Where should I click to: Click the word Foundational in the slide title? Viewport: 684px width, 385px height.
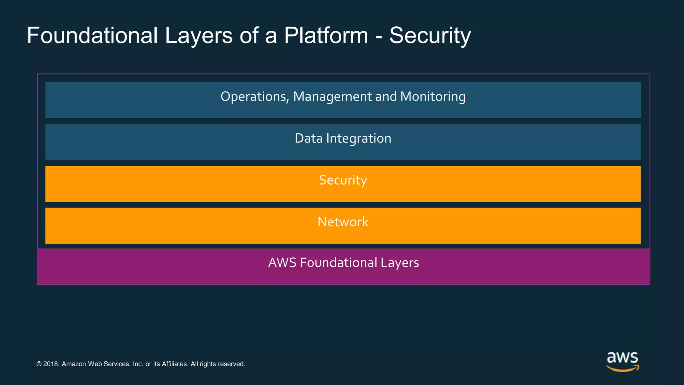(92, 35)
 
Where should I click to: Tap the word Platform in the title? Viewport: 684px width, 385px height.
(326, 35)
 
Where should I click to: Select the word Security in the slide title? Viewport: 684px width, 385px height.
(430, 35)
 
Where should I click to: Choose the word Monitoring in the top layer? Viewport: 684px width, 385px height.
(433, 97)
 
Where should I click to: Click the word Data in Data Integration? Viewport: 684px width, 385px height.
(308, 138)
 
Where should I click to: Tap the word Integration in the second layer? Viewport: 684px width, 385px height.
(358, 138)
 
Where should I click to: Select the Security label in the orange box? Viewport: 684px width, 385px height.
(343, 180)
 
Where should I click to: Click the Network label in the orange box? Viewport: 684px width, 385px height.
(343, 222)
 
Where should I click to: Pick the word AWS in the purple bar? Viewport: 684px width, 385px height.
(282, 263)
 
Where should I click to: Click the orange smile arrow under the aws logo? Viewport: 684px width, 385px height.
(622, 369)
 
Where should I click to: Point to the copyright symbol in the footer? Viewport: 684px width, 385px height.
(39, 364)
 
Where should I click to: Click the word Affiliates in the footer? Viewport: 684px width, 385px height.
(175, 364)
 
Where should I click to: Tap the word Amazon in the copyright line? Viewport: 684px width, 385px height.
(73, 364)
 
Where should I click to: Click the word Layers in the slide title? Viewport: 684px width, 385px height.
(198, 35)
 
